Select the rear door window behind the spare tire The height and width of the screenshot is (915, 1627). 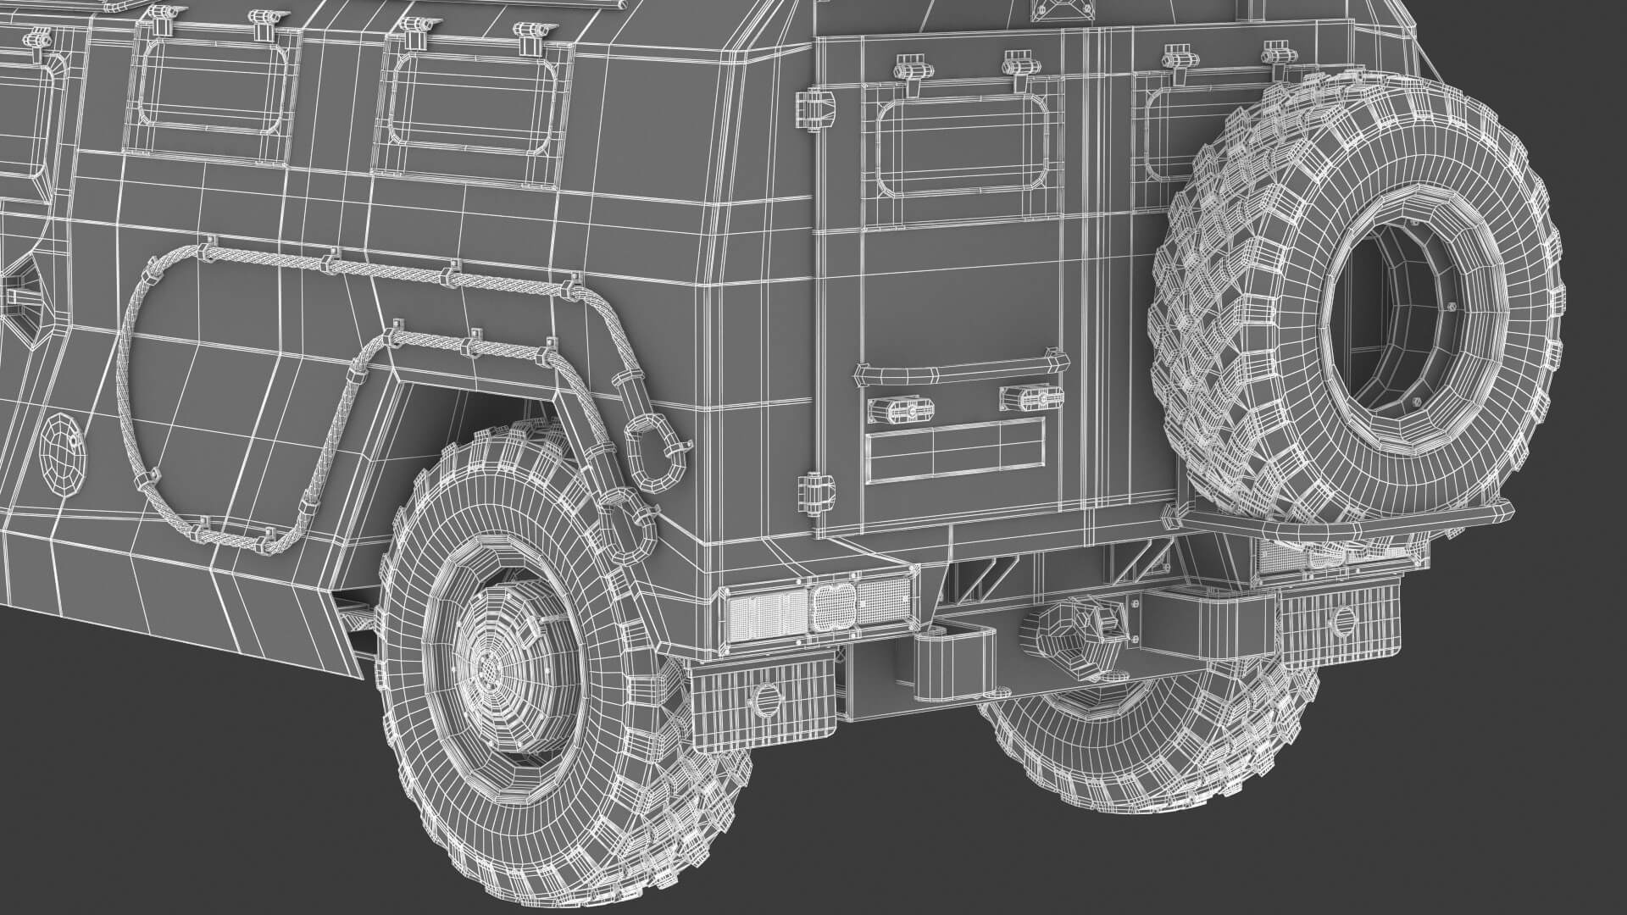(x=1183, y=127)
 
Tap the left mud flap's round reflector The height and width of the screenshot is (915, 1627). (x=764, y=699)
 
